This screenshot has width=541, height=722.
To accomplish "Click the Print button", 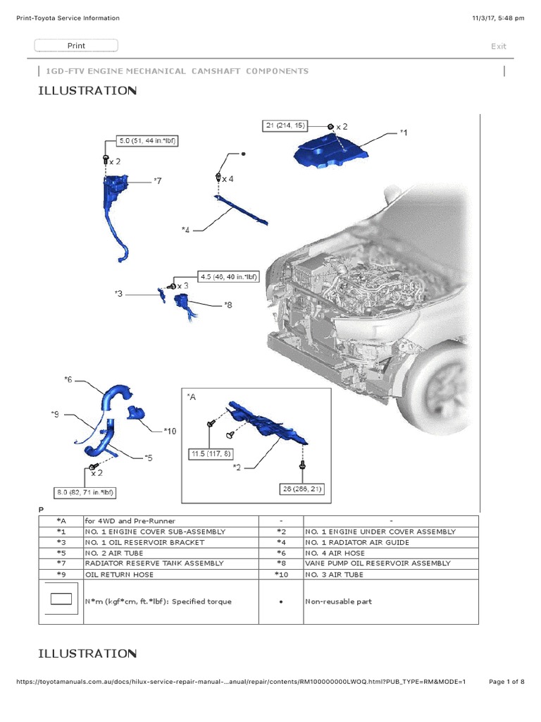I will (x=76, y=46).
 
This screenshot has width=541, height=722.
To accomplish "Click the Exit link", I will (x=499, y=47).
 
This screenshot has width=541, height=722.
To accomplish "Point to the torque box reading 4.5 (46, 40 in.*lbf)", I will (x=230, y=277).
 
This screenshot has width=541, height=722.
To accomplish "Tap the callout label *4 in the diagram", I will (x=185, y=229).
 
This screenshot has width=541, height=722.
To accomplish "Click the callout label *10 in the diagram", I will (x=170, y=430).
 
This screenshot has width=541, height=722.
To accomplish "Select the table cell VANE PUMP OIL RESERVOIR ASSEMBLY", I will (x=378, y=563).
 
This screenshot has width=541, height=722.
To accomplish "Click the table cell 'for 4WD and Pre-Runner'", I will (x=130, y=520).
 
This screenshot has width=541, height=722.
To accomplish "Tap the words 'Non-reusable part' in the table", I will (x=338, y=602).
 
